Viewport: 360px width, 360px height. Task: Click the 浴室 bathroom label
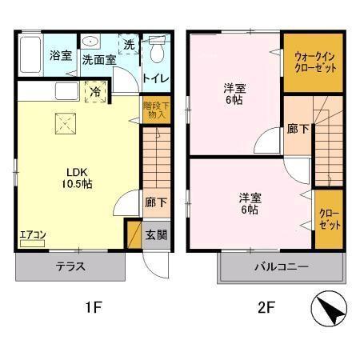click(x=60, y=56)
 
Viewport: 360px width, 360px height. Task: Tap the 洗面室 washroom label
click(x=98, y=58)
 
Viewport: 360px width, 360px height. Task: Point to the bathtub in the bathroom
click(x=29, y=57)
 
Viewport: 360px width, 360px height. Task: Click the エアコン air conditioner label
click(x=32, y=235)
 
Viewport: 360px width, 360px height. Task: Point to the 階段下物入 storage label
click(x=155, y=110)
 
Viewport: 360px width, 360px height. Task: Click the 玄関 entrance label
click(x=155, y=236)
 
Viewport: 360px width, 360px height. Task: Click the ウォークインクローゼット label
click(x=314, y=62)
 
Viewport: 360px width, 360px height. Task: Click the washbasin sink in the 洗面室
click(x=90, y=42)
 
